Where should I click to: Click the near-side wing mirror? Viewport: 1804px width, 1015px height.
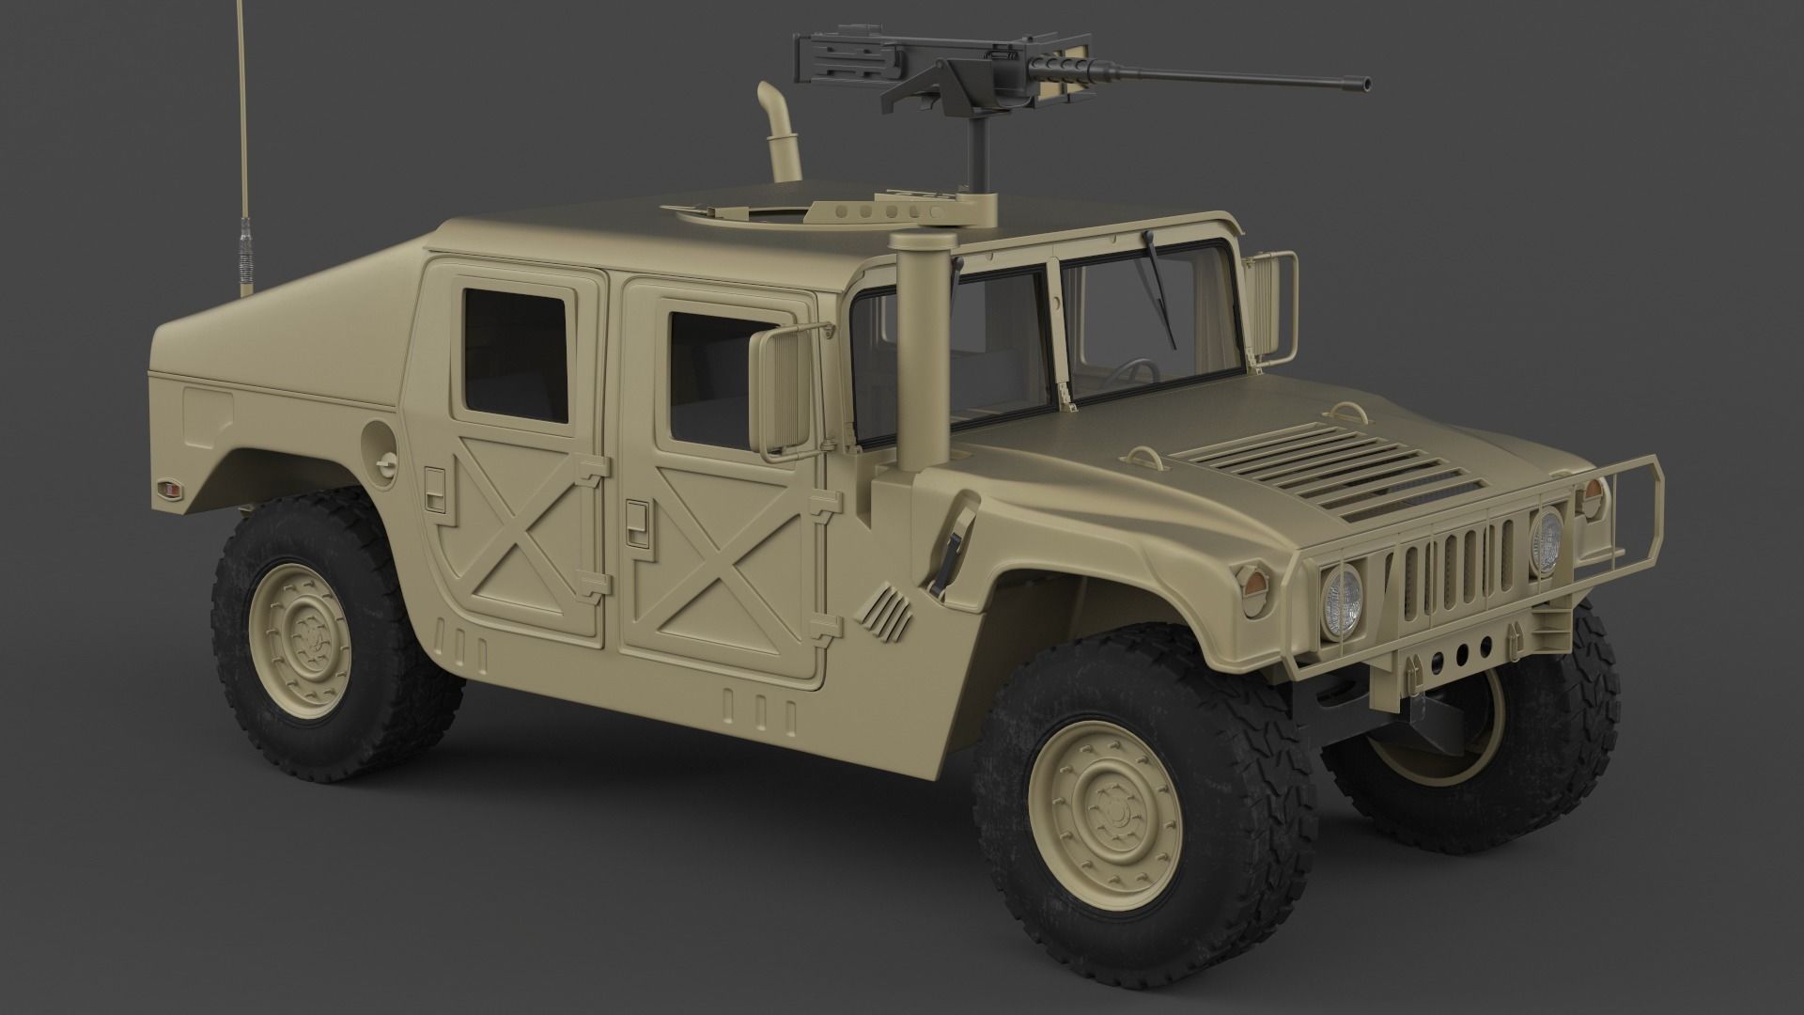(779, 395)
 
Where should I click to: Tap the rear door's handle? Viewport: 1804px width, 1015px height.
(434, 481)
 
